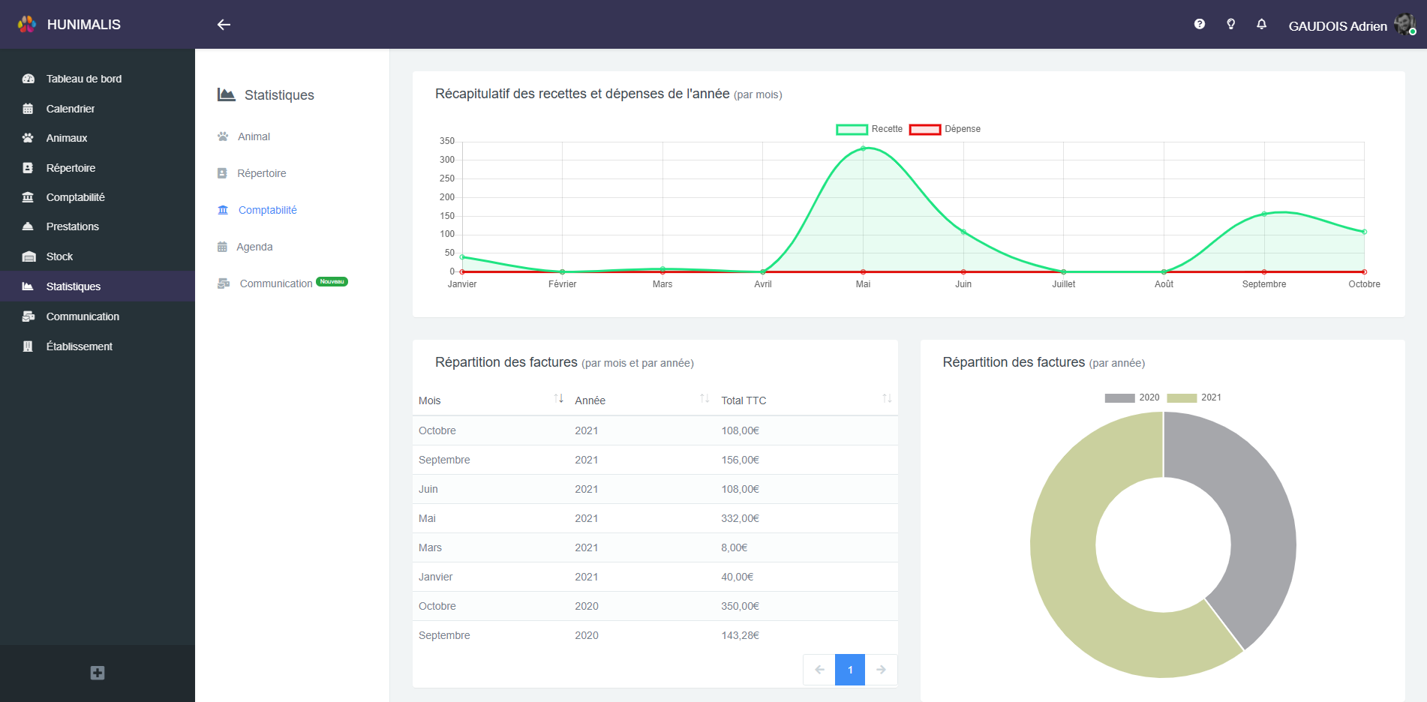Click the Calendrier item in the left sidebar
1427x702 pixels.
click(x=70, y=109)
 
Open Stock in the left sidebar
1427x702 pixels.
click(x=59, y=256)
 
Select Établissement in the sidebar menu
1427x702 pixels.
click(x=79, y=346)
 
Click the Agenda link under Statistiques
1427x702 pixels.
click(x=254, y=247)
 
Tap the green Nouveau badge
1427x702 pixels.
click(x=332, y=282)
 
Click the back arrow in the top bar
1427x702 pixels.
click(x=224, y=25)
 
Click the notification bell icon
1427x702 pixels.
click(x=1261, y=24)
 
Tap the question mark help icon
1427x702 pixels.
click(x=1199, y=24)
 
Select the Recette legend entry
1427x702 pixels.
click(x=870, y=129)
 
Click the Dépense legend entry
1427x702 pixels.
click(x=945, y=129)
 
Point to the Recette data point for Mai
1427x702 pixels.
click(x=863, y=148)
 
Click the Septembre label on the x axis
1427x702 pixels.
click(x=1263, y=284)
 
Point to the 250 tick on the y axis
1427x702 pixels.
click(x=447, y=178)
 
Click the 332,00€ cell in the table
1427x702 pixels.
click(x=740, y=518)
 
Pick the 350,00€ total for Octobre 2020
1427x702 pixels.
click(x=740, y=606)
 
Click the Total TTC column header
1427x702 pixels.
click(x=744, y=400)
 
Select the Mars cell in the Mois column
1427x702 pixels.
click(x=430, y=547)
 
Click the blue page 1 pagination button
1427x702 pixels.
click(x=849, y=670)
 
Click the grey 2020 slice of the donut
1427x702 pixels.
click(x=1253, y=525)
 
